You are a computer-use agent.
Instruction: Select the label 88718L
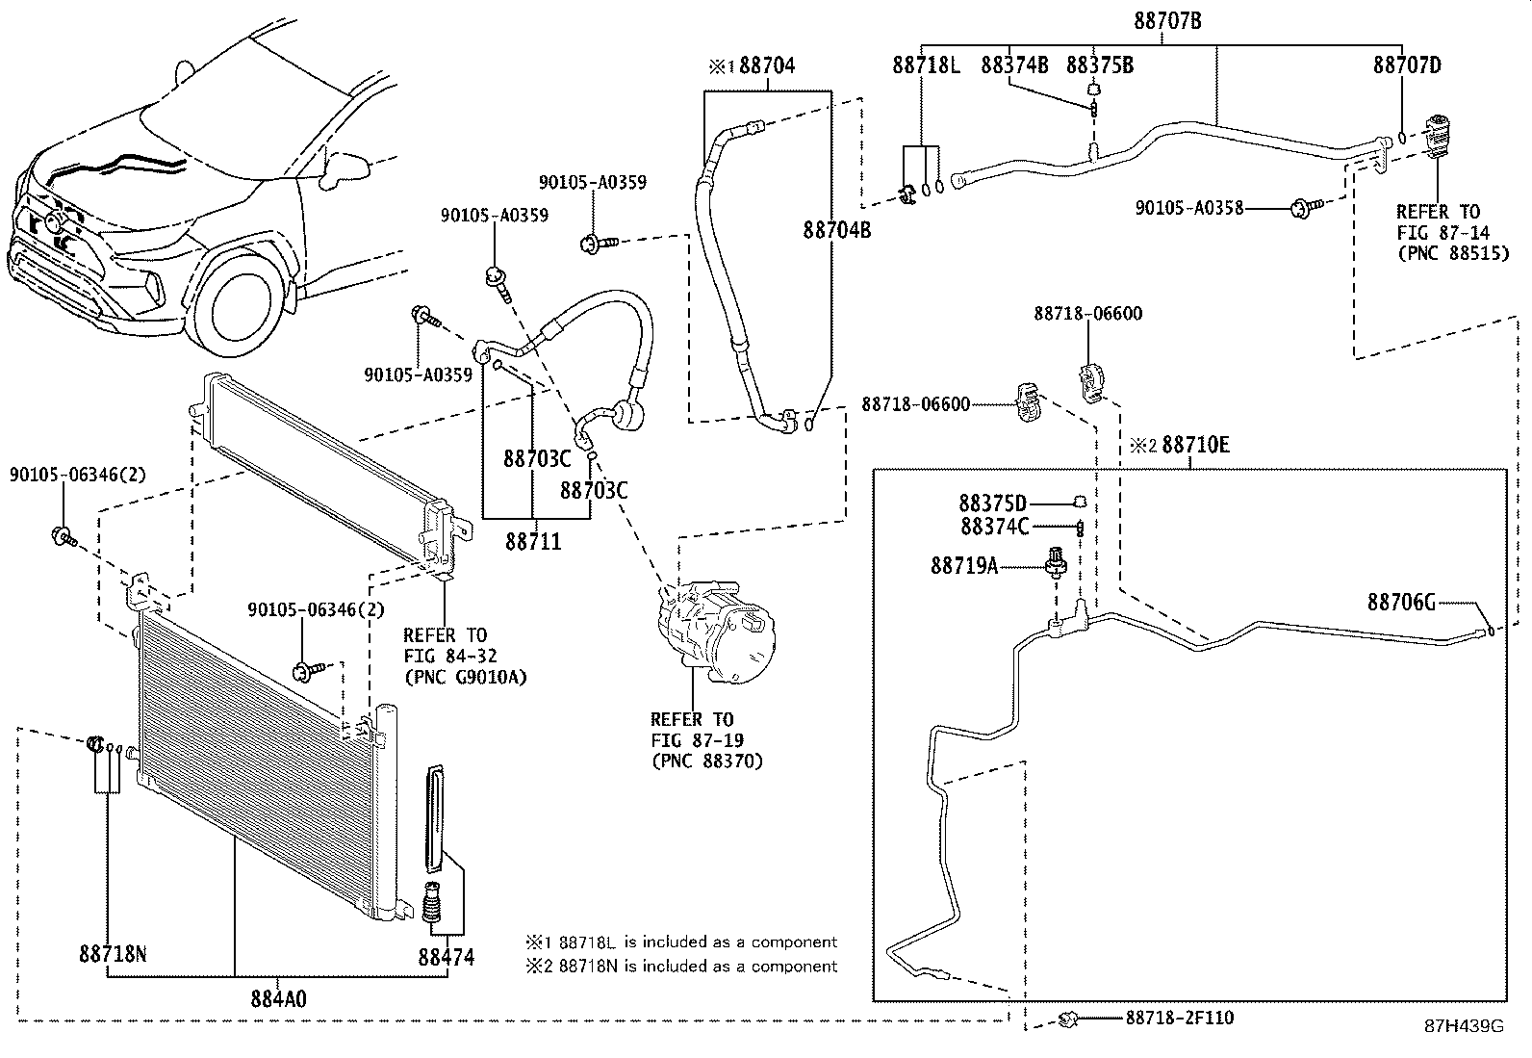point(926,65)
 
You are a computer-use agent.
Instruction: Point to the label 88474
point(446,958)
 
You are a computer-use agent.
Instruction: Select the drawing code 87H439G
point(1464,1026)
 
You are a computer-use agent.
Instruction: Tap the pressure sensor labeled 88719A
point(1057,562)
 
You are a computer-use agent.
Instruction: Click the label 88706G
point(1401,603)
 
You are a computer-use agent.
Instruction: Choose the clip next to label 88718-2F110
point(1066,1019)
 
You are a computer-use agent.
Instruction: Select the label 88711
point(533,542)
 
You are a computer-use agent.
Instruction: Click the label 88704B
point(837,230)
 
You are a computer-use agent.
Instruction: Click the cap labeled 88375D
point(1080,501)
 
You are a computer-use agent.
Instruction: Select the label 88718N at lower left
point(113,954)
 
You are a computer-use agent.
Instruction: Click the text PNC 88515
point(1452,254)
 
